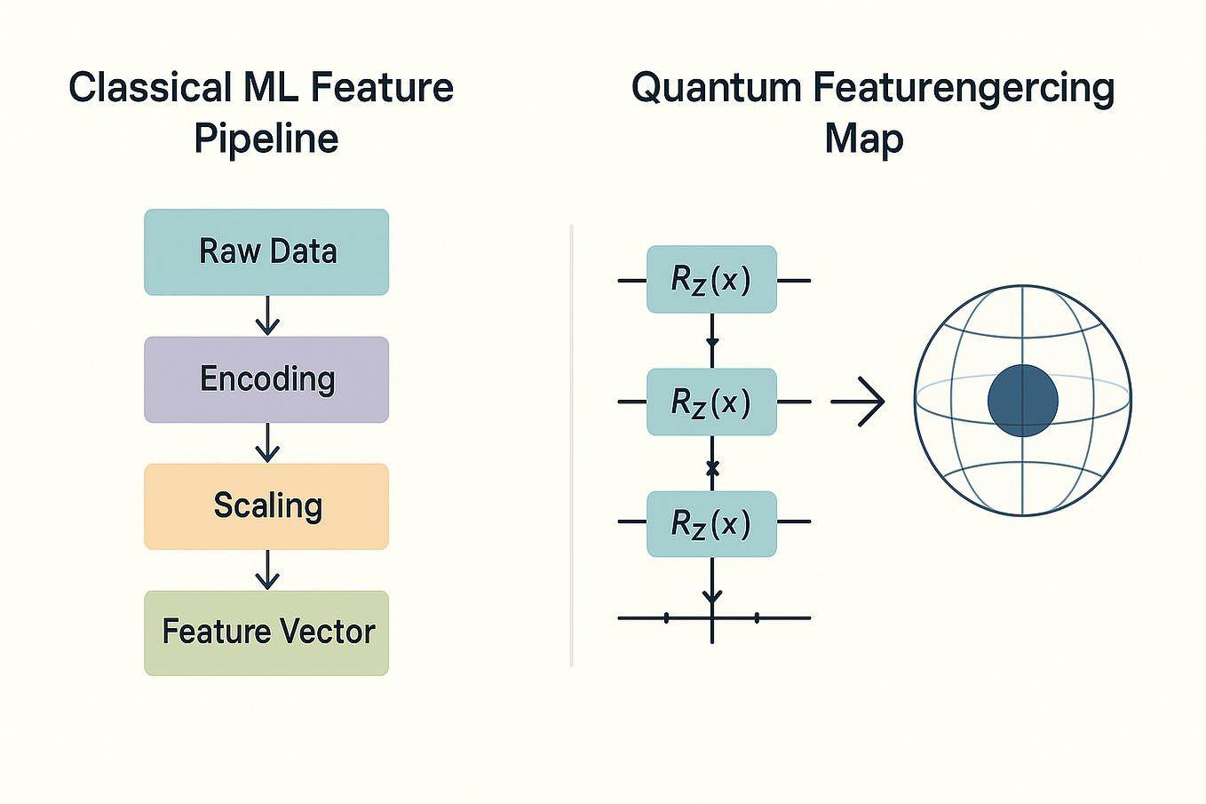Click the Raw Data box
pos(266,252)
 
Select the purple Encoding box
pos(266,379)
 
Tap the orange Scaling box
pos(266,506)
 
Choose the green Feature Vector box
pos(266,633)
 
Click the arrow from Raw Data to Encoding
pos(267,316)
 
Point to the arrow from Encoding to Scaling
pos(267,443)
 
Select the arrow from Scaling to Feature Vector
pos(267,570)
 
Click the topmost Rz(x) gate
pos(711,280)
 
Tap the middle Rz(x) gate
pos(711,402)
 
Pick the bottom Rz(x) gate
pos(711,524)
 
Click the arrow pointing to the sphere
pos(858,402)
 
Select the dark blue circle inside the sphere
pos(1022,401)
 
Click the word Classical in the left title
pos(150,88)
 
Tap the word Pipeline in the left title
pos(266,139)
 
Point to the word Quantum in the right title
pos(716,88)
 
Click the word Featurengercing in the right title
pos(964,88)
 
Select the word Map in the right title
pos(863,139)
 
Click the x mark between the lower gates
pos(712,468)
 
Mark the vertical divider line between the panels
pos(572,444)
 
